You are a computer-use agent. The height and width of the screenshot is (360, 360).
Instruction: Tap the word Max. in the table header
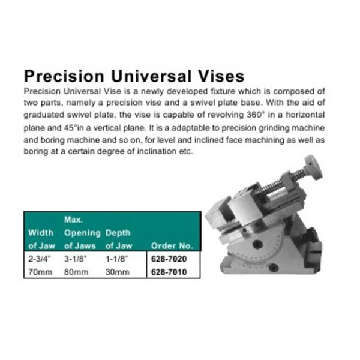tap(73, 220)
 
